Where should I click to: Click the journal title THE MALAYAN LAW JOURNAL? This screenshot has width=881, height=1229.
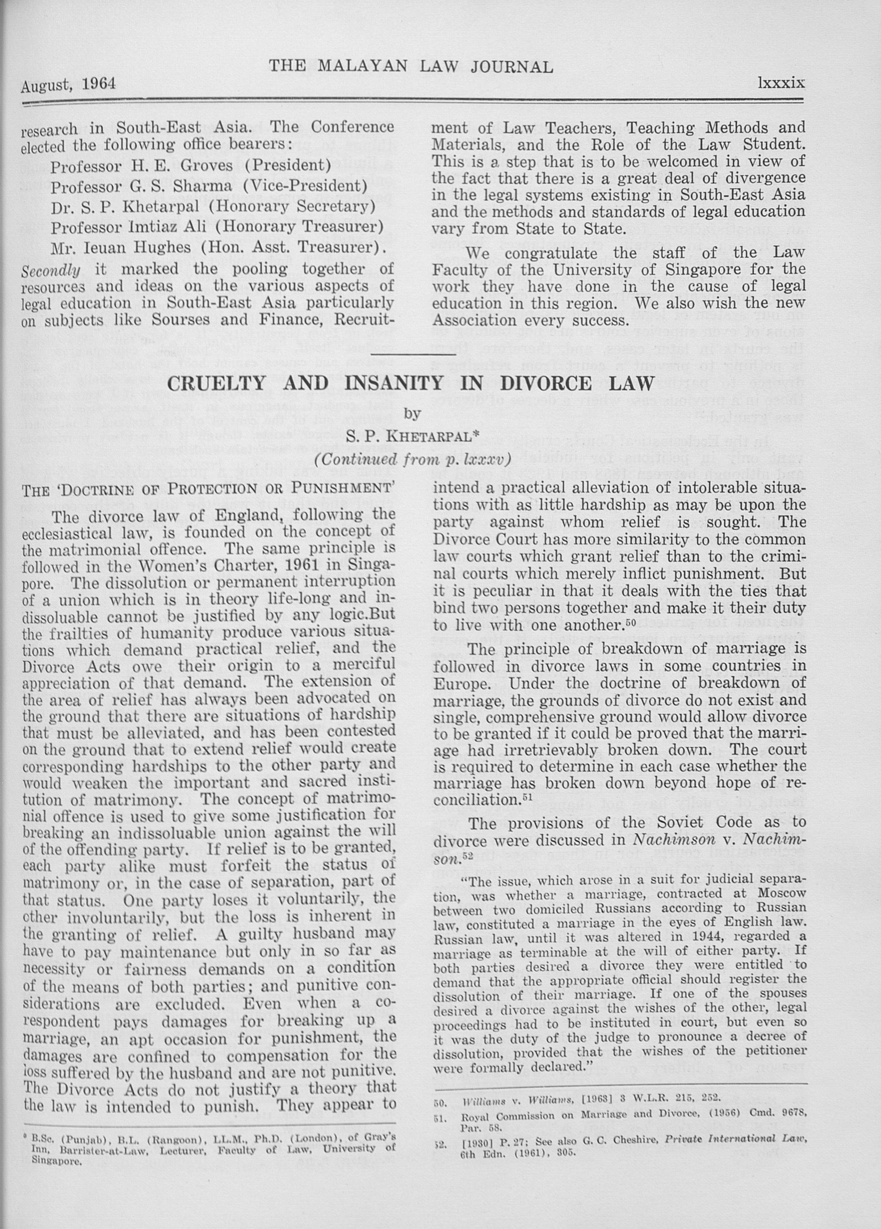pos(411,67)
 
